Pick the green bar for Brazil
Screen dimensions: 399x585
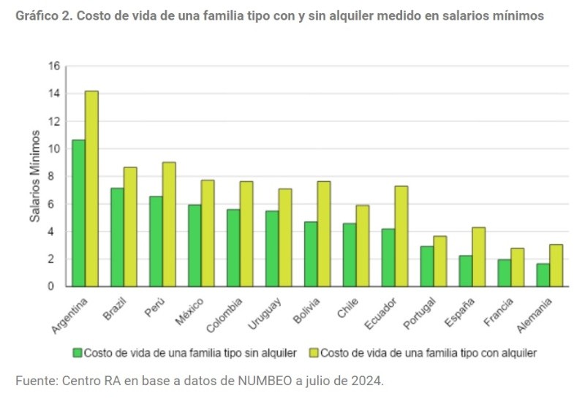coord(117,237)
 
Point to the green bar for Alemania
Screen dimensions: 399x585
coord(543,275)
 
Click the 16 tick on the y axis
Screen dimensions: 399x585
coord(53,66)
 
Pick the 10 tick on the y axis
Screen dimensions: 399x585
coord(53,148)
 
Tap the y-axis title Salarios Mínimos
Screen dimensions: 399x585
coord(34,176)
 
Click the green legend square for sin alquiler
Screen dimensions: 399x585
coord(78,352)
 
